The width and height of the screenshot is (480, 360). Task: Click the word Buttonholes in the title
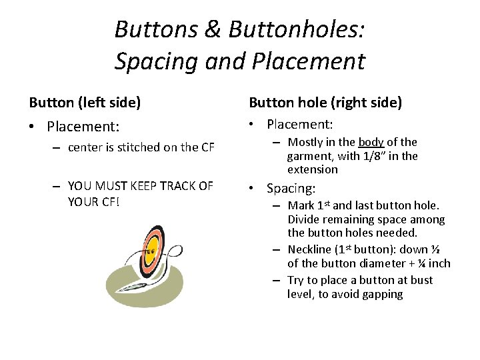pyautogui.click(x=295, y=29)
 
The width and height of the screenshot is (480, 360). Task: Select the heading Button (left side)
pyautogui.click(x=85, y=103)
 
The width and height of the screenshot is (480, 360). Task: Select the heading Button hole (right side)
pyautogui.click(x=325, y=103)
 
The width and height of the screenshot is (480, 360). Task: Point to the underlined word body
pyautogui.click(x=371, y=142)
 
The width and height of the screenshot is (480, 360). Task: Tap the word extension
pyautogui.click(x=313, y=169)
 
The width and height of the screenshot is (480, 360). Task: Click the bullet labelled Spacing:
pyautogui.click(x=291, y=189)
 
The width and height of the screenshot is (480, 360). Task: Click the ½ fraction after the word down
pyautogui.click(x=435, y=249)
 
